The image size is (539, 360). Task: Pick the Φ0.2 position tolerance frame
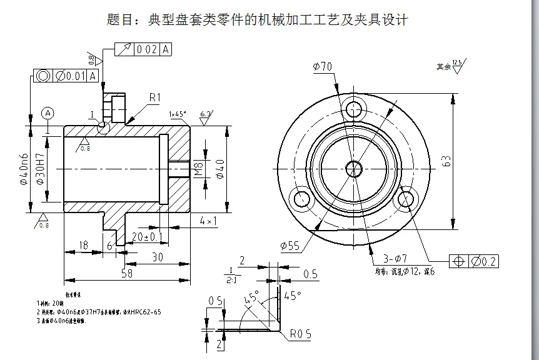[x=473, y=261]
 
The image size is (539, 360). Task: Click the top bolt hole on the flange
[x=355, y=107]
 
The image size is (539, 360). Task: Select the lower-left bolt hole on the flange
[x=303, y=200]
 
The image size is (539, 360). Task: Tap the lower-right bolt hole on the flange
[x=406, y=200]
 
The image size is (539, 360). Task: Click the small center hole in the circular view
[x=355, y=167]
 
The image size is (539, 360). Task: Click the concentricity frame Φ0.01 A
[x=66, y=76]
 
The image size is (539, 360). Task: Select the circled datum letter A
[x=48, y=113]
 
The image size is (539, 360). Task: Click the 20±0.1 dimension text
[x=148, y=236]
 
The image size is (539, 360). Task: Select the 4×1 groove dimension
[x=208, y=221]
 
